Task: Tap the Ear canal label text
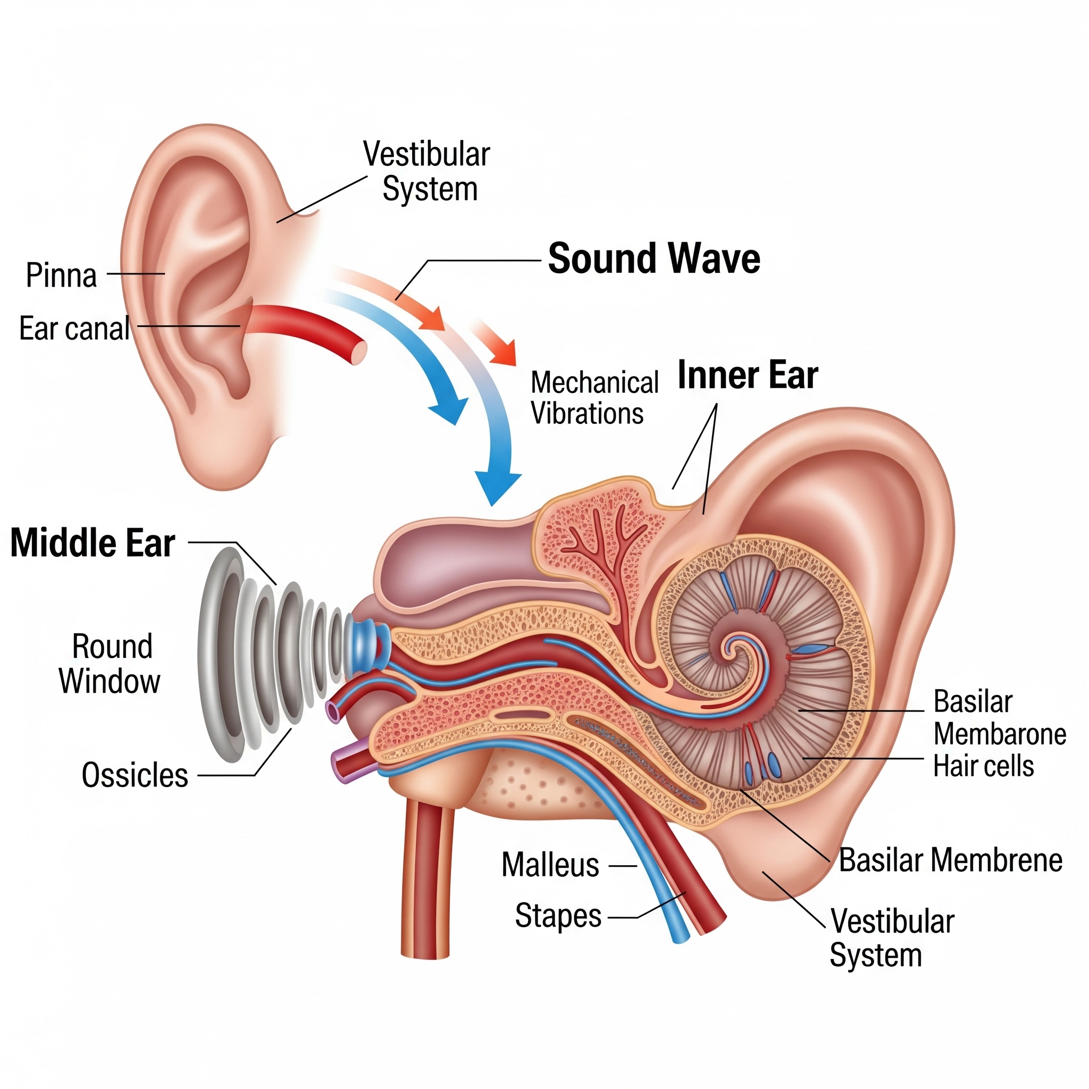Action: pos(74,328)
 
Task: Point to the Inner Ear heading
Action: pos(748,375)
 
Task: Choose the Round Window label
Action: pos(110,664)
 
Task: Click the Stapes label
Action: pos(558,916)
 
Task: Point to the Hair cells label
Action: pos(984,766)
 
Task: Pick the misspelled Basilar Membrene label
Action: pos(950,860)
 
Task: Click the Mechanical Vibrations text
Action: pos(594,398)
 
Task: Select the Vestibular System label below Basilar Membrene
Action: pos(892,939)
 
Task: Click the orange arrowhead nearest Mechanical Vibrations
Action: pos(504,354)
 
